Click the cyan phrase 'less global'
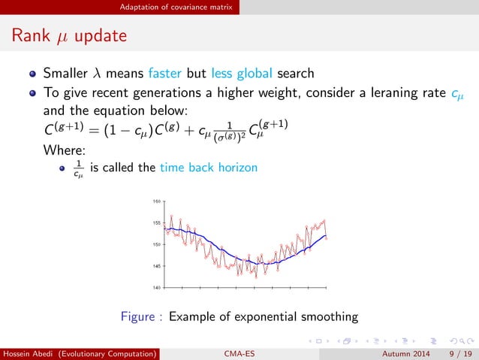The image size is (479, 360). pos(212,76)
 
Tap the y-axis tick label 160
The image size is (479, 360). pos(157,201)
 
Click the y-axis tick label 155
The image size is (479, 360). pos(157,223)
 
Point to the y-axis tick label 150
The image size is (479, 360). pos(157,244)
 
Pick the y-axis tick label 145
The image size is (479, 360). pos(157,266)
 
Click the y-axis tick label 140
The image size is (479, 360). pos(157,287)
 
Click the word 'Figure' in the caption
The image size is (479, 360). pos(139,316)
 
